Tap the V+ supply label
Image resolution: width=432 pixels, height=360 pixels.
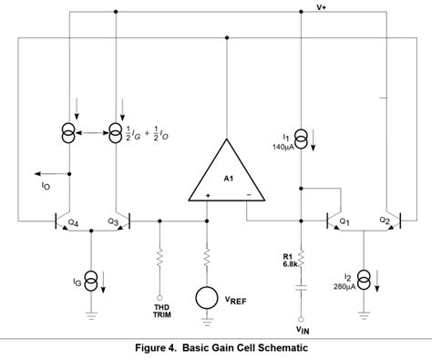click(322, 7)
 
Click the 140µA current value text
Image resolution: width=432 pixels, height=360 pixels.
click(283, 146)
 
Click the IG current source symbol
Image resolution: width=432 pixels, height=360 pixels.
click(91, 278)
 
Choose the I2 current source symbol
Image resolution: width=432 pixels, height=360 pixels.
click(364, 278)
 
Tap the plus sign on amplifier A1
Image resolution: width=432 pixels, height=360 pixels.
click(207, 194)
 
